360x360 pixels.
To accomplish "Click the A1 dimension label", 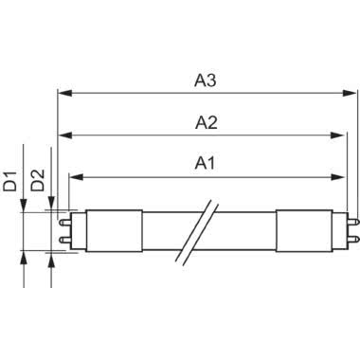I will (206, 163).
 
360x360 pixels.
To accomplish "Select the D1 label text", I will (10, 178).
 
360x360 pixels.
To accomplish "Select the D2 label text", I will (39, 178).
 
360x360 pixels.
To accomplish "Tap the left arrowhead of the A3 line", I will (63, 94).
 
